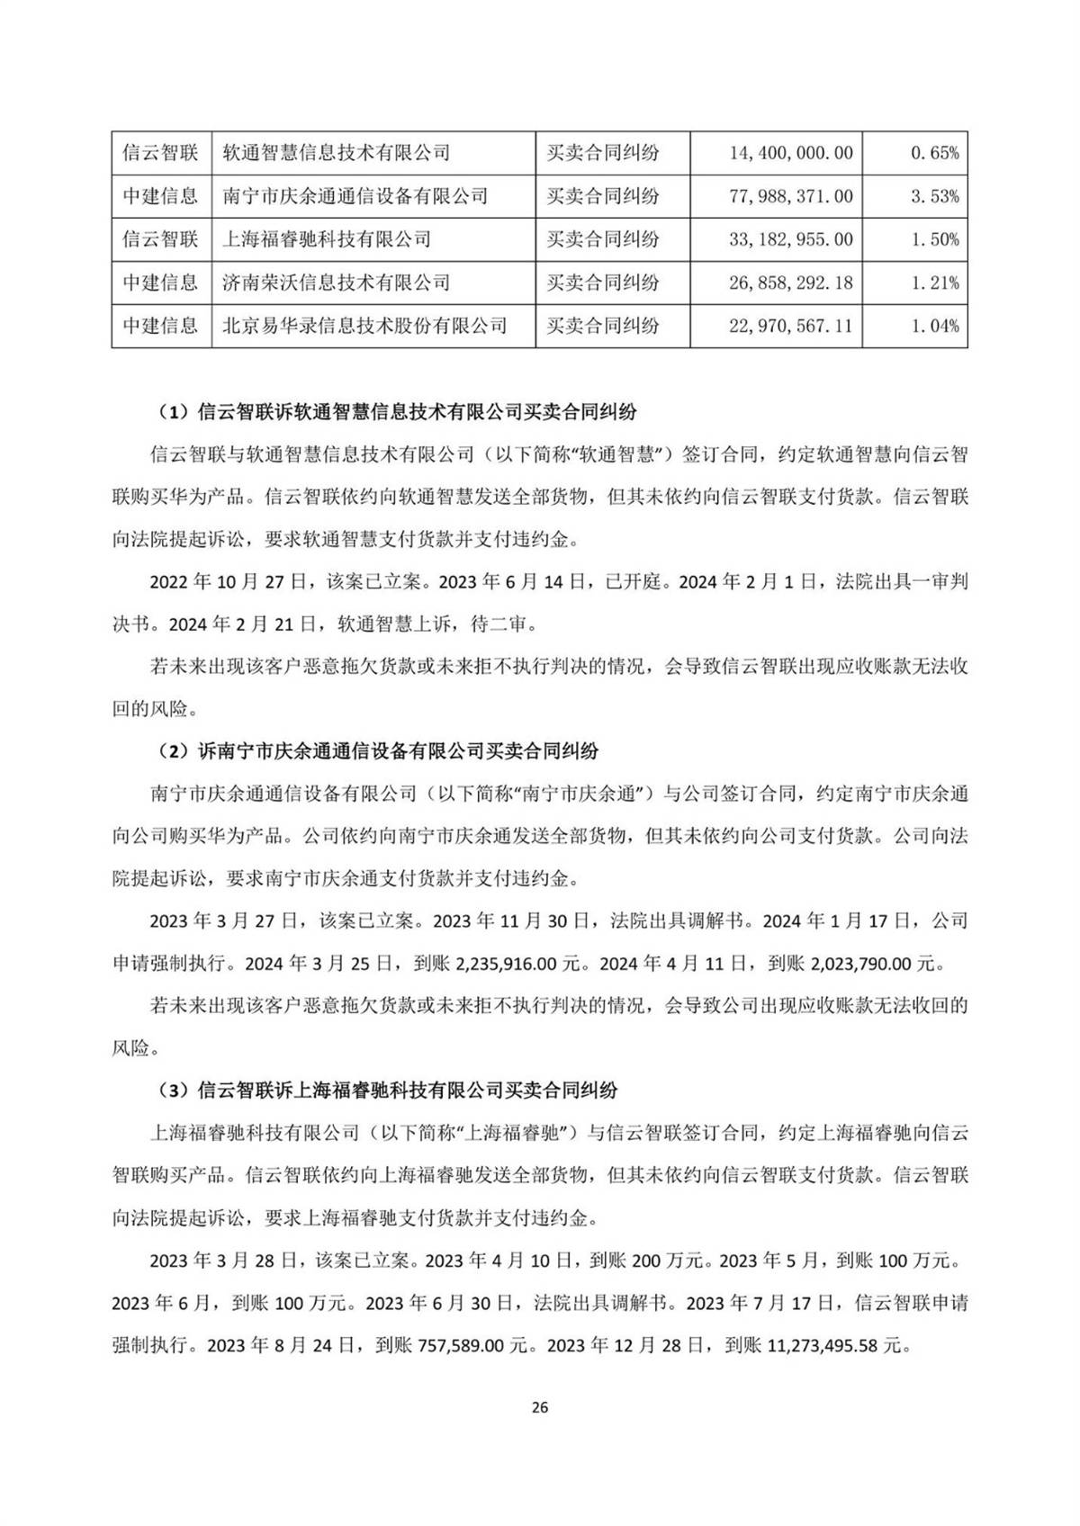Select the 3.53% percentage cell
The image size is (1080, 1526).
point(934,196)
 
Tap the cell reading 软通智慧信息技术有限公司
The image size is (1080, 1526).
point(337,153)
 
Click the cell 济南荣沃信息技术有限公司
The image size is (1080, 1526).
point(337,283)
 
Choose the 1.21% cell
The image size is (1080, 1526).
point(934,283)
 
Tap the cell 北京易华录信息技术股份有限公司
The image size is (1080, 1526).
point(365,326)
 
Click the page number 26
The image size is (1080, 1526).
point(540,1407)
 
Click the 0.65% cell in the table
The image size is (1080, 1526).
point(934,153)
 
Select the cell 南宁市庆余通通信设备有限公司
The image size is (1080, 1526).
point(355,196)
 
